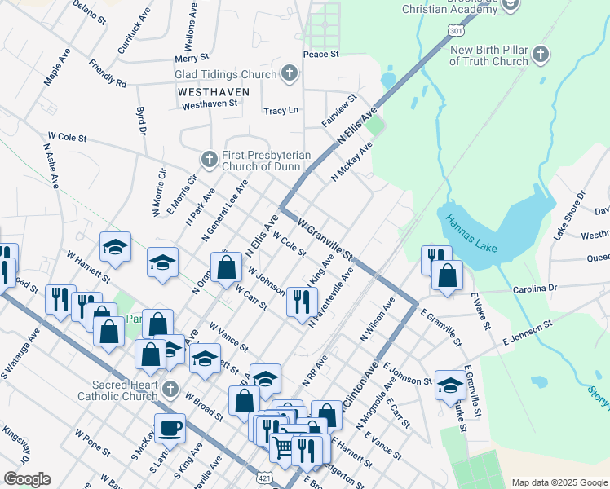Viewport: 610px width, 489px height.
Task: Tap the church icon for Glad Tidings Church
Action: coord(288,74)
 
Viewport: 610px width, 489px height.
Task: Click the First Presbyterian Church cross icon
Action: coord(209,159)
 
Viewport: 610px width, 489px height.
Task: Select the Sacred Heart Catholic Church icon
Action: coord(170,389)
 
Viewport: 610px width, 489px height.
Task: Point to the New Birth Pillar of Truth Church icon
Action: coord(540,55)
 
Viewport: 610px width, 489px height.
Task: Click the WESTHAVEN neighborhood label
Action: coord(207,93)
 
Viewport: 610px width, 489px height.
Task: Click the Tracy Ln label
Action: coord(281,110)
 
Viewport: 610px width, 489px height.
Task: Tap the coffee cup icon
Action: coord(170,427)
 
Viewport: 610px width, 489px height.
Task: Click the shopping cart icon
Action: coord(282,447)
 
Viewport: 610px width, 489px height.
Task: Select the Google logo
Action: coord(27,479)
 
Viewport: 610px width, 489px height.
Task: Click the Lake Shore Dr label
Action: coord(570,216)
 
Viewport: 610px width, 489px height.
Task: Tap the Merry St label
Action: coord(192,59)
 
